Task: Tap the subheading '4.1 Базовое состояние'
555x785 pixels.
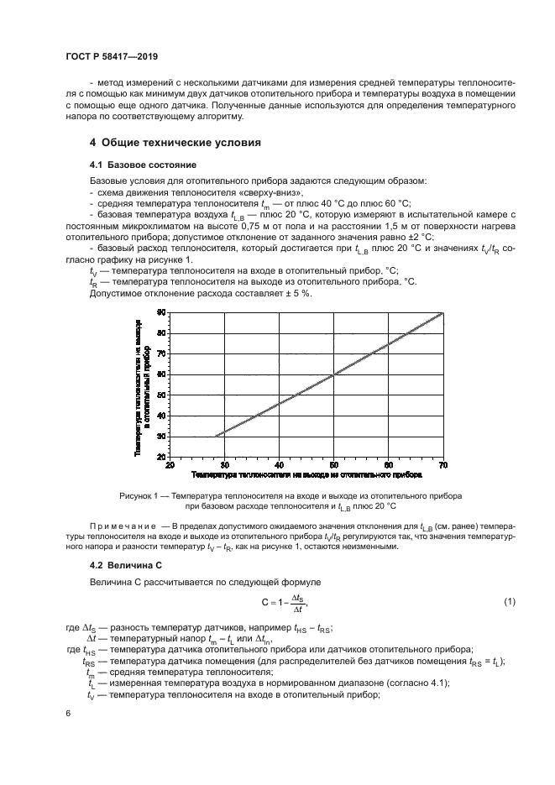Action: (131, 165)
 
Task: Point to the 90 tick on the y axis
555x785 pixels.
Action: (161, 312)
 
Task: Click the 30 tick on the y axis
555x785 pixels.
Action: (161, 436)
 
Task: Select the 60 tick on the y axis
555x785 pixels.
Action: (161, 374)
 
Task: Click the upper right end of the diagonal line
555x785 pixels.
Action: (442, 313)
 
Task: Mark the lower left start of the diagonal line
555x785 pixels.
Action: (216, 436)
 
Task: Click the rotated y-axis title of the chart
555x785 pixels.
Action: (142, 384)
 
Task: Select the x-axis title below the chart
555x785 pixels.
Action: (306, 475)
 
